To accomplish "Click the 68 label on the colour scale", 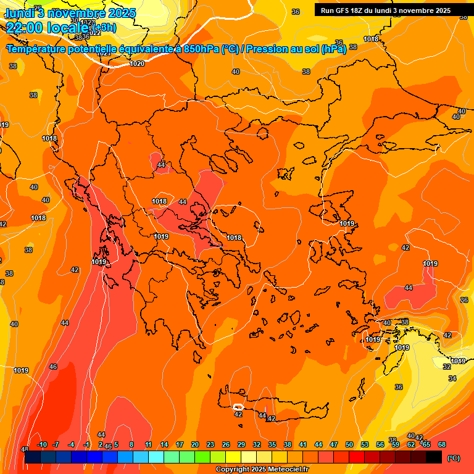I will pos(442,444).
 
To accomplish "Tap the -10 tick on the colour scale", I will pos(42,444).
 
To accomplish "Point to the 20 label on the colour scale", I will pos(195,444).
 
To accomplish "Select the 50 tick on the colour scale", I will pos(349,444).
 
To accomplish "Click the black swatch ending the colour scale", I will pos(434,457).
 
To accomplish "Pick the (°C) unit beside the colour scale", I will pos(453,458).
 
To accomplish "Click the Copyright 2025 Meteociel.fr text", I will pos(262,470).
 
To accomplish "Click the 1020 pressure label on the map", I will pos(137,64).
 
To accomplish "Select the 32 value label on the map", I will pos(447,367).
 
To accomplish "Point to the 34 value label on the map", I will pos(452,378).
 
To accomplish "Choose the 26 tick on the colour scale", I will pos(226,444).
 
